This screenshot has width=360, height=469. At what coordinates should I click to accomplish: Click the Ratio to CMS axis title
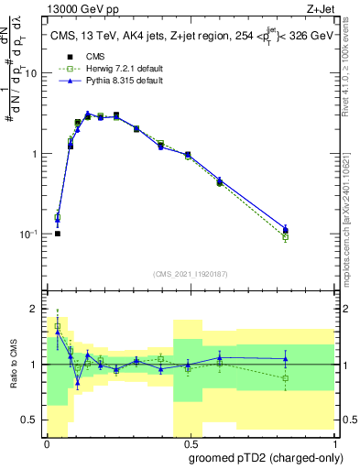tap(14, 364)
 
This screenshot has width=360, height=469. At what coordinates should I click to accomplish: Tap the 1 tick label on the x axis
tap(333, 442)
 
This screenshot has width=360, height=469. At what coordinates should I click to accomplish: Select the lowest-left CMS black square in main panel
tap(58, 234)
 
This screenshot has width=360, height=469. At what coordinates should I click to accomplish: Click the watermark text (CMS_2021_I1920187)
tap(190, 274)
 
